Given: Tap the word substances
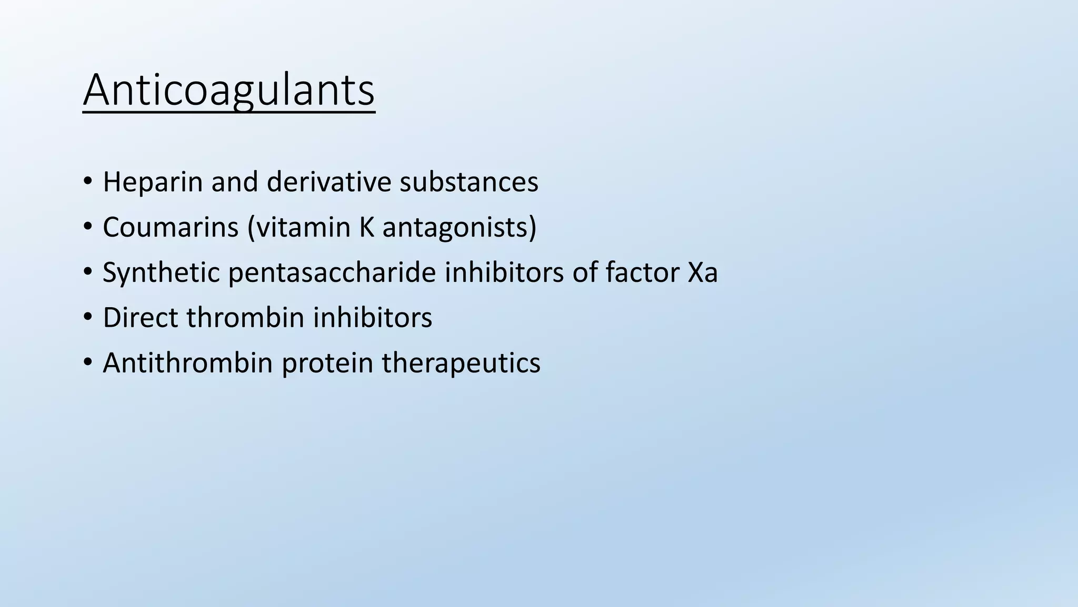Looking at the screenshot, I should (x=468, y=182).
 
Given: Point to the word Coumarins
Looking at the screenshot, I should (x=171, y=228).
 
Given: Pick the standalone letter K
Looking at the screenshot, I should (x=366, y=228).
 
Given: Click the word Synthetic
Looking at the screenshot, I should (x=161, y=273).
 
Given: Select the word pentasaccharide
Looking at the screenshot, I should (x=332, y=273).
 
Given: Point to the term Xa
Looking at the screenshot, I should (x=703, y=273).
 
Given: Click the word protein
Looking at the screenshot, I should (x=327, y=364).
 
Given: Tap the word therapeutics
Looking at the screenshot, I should (x=461, y=364).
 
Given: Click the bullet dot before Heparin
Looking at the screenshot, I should (x=87, y=182).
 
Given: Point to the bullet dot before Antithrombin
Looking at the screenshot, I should (x=87, y=364).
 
